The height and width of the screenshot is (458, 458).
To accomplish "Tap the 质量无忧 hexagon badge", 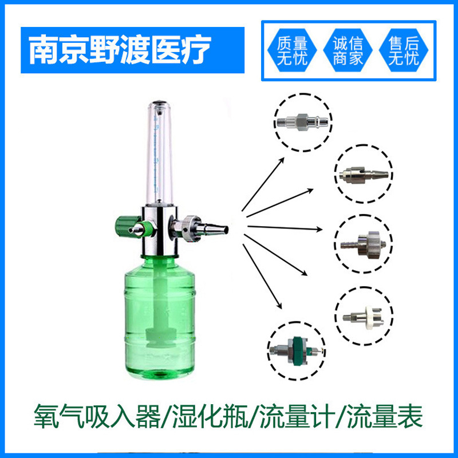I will pos(292,51).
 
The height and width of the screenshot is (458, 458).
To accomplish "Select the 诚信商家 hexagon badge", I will pos(348,51).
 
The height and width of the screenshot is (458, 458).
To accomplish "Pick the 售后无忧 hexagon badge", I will pos(403,51).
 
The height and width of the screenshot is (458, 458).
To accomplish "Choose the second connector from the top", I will pos(364,174).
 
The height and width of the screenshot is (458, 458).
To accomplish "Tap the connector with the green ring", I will pos(297,349).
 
